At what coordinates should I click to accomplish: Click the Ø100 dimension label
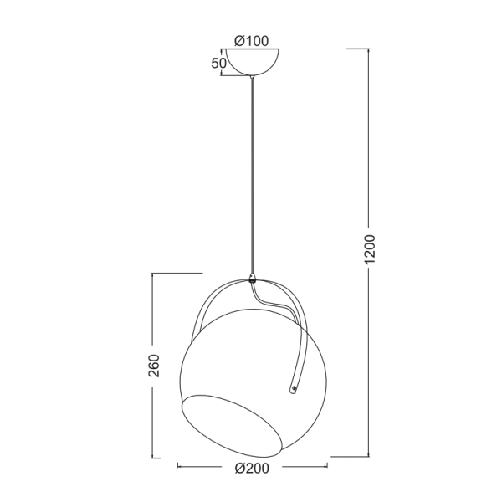[x=252, y=41]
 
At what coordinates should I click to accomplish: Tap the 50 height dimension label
[x=218, y=64]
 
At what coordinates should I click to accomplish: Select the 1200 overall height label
[x=370, y=249]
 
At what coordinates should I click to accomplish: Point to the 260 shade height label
[x=154, y=366]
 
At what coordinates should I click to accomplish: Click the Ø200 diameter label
[x=252, y=469]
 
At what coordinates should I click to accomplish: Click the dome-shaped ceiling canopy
[x=253, y=62]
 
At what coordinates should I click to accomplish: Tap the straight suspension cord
[x=253, y=176]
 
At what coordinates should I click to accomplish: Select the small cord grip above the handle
[x=253, y=278]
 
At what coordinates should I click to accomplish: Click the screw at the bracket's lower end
[x=294, y=389]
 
